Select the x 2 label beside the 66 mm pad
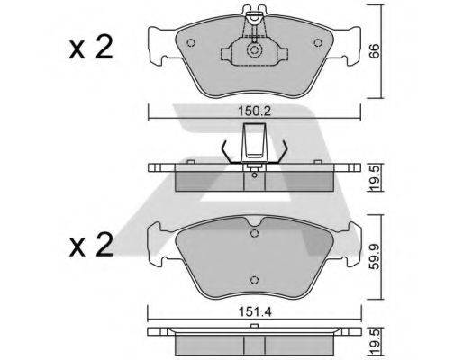tap(92, 47)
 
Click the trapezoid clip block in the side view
tap(255, 141)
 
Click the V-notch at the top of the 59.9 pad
tap(255, 222)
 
